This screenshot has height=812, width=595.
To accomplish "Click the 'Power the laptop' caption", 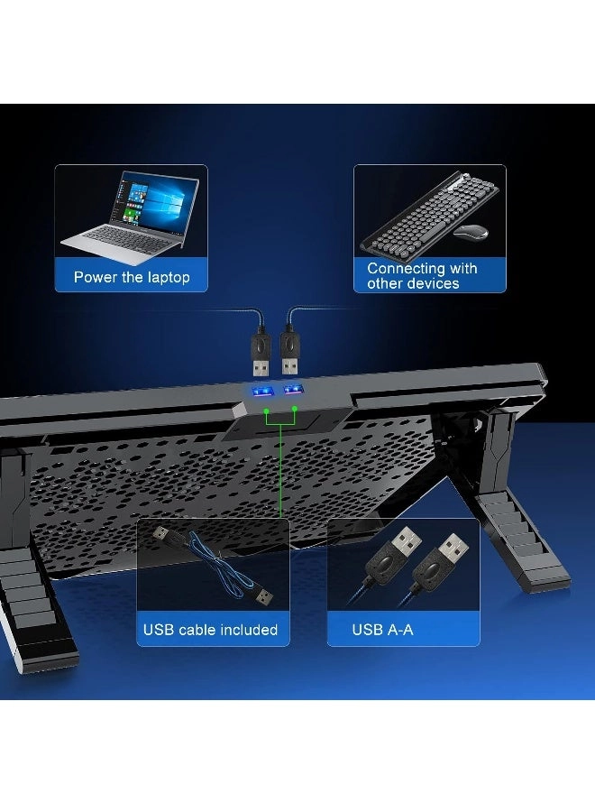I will pos(132,277).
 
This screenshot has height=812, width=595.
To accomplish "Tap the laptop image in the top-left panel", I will pos(131,216).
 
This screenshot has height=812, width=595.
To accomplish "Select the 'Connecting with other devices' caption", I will pos(422,276).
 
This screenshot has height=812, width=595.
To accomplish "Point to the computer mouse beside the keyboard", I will pos(471,231).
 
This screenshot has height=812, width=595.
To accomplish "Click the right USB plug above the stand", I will pos(291,352).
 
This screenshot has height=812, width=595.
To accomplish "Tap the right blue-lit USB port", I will pos(294,390).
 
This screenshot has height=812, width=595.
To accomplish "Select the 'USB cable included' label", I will pos(210,629).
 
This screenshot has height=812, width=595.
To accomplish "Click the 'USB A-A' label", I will pos(382,629).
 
